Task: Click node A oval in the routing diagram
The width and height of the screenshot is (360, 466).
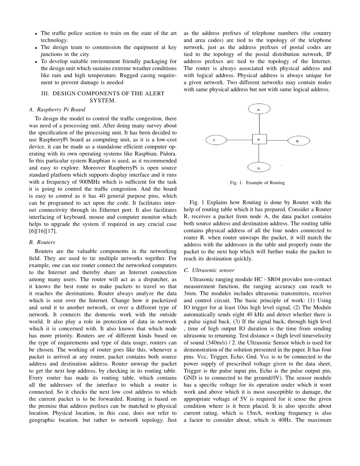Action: (x=259, y=109)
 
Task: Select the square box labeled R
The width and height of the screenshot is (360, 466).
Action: (x=259, y=139)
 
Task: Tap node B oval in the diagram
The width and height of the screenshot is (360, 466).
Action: (x=298, y=141)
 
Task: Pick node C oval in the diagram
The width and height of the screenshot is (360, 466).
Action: (x=216, y=140)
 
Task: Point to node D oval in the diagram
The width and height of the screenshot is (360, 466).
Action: (x=259, y=167)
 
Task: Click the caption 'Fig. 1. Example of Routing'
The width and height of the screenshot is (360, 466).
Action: (x=257, y=183)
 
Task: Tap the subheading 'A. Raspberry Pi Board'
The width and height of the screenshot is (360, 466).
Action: (x=57, y=110)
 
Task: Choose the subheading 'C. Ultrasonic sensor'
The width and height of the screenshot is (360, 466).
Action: (x=209, y=270)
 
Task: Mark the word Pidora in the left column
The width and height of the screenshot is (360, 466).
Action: (x=168, y=154)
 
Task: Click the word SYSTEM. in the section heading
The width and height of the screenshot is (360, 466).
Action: (x=102, y=101)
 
